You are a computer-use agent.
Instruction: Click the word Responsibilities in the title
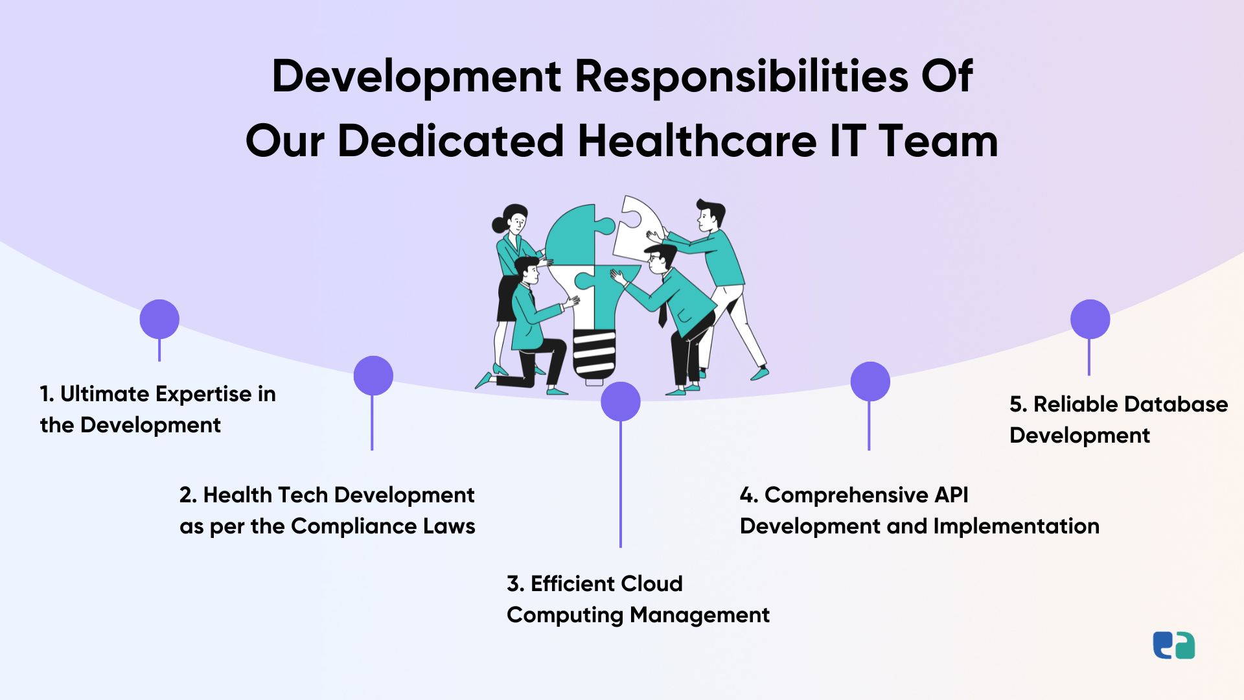(x=742, y=77)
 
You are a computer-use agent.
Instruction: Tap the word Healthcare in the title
(x=697, y=141)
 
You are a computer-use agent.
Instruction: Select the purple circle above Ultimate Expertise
(x=159, y=319)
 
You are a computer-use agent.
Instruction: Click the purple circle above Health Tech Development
(x=373, y=375)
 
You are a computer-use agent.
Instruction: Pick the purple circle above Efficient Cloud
(x=621, y=401)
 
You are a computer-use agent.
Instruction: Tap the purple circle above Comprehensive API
(x=870, y=381)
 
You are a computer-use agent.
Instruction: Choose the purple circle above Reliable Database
(x=1090, y=319)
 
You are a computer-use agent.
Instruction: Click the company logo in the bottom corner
(x=1174, y=646)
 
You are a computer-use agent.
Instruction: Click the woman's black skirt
(x=507, y=299)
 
